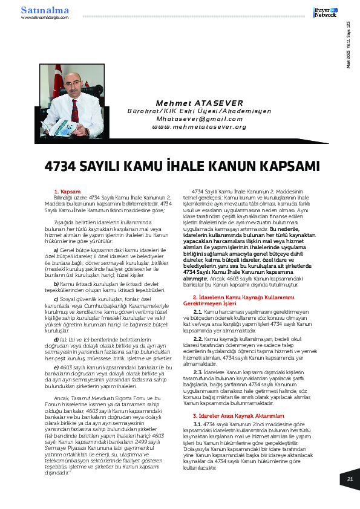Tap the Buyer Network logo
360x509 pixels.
[324, 12]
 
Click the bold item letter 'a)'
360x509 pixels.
[56, 249]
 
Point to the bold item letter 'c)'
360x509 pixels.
[56, 299]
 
